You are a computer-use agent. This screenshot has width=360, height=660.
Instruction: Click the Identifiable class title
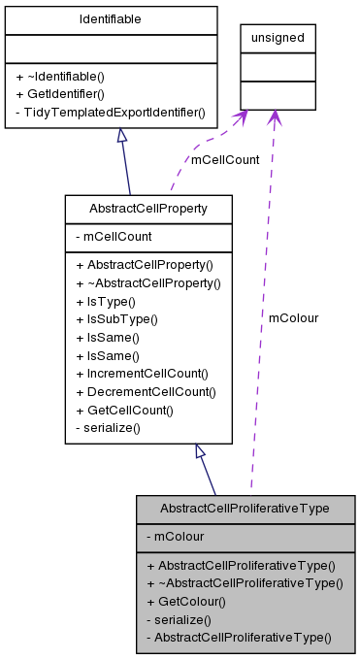(111, 19)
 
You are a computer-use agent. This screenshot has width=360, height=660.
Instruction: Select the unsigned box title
(278, 38)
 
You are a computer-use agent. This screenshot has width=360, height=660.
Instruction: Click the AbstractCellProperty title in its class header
(148, 209)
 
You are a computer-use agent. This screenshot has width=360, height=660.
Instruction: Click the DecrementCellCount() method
(149, 391)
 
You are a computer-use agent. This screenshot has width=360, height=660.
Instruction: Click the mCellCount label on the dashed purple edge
(224, 160)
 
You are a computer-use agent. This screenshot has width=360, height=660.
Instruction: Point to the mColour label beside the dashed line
(293, 317)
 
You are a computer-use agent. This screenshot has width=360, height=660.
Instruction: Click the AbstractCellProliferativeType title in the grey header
(245, 509)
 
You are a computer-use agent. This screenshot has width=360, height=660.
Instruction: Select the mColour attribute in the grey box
(174, 536)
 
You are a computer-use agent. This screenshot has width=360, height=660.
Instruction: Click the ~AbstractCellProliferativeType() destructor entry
(245, 582)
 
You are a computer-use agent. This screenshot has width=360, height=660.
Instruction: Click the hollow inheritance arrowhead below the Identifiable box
(123, 138)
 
